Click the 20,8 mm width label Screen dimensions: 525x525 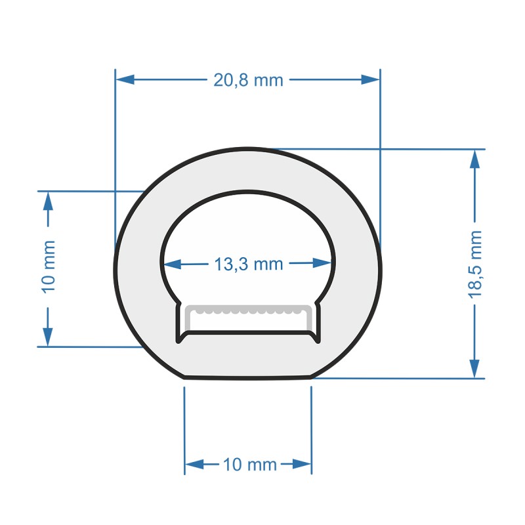(248, 80)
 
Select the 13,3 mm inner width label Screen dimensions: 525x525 (248, 264)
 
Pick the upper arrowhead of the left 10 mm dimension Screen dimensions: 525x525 (48, 201)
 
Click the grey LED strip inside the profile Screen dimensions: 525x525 (248, 308)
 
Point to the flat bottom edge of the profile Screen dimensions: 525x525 (248, 378)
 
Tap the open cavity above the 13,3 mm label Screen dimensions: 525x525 (248, 223)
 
